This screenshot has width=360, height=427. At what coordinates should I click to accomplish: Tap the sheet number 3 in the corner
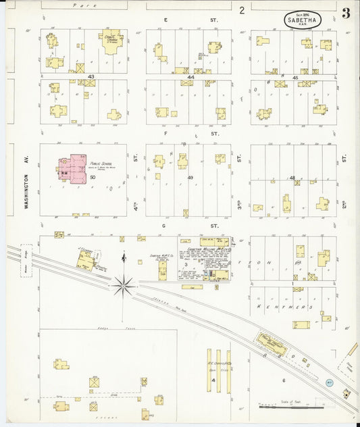(345, 14)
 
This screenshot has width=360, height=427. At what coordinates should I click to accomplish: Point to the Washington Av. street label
(27, 179)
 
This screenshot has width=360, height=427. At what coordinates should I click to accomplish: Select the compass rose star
(122, 286)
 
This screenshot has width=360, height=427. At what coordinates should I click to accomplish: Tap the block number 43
(91, 78)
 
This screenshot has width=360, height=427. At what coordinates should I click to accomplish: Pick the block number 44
(191, 78)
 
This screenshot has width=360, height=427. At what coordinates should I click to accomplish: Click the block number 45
(295, 78)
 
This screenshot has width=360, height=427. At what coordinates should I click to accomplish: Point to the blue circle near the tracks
(329, 382)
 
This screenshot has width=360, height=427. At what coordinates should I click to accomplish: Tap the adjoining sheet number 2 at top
(241, 10)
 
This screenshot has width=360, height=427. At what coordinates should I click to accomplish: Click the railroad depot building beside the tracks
(271, 341)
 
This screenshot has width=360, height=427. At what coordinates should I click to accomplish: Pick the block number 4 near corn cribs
(213, 380)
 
